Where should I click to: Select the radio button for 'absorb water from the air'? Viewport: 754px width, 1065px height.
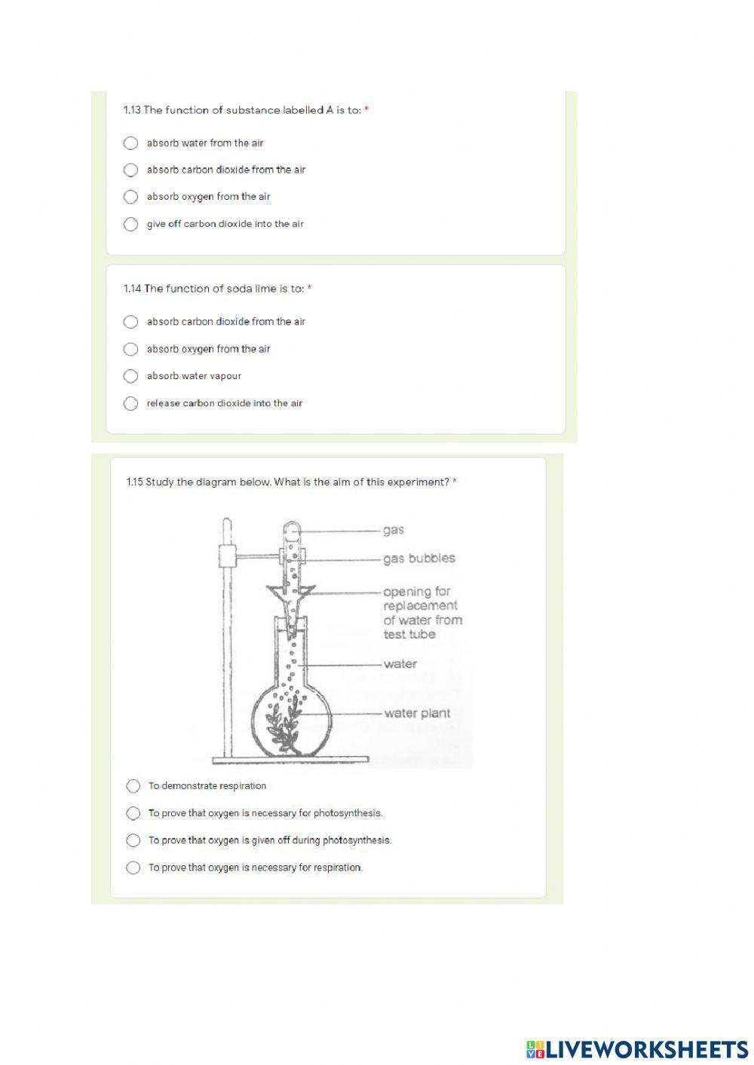pos(130,143)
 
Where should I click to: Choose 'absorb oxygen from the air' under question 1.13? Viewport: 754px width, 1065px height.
pos(130,197)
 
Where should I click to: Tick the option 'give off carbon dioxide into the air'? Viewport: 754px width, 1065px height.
pos(130,225)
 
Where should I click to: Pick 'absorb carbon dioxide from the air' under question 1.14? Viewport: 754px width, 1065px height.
pos(130,323)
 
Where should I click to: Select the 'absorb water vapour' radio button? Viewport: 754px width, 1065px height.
pos(130,376)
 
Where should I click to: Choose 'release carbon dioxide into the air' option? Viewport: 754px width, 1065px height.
pos(130,404)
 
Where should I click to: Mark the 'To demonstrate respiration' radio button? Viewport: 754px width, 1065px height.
pos(133,787)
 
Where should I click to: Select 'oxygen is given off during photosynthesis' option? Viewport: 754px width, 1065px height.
pos(133,840)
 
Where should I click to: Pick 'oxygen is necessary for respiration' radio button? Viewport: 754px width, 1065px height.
pos(133,868)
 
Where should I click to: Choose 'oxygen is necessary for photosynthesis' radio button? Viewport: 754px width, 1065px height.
pos(133,814)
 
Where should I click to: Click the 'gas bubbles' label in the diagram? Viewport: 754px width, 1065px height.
pos(419,559)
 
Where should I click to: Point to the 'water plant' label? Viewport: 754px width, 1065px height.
pos(417,713)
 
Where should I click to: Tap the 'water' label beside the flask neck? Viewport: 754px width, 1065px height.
pos(400,664)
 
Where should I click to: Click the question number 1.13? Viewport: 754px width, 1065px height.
pos(132,110)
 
